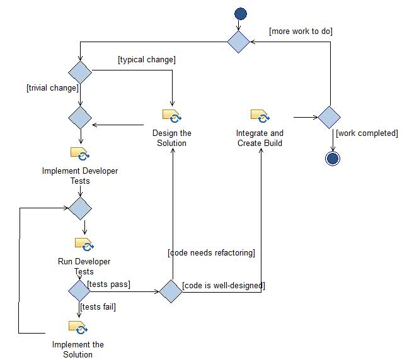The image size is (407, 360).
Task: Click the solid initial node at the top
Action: click(240, 14)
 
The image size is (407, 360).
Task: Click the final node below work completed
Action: click(333, 158)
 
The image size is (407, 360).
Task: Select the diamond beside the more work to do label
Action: click(239, 42)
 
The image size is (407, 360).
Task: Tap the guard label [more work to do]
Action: click(301, 31)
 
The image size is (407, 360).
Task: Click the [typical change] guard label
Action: click(146, 60)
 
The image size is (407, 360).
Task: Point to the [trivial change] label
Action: click(52, 87)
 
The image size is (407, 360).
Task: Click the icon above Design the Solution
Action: click(171, 116)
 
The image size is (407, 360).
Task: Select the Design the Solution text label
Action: click(172, 138)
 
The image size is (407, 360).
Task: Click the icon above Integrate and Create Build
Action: click(260, 116)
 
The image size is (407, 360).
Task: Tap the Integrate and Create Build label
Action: click(260, 138)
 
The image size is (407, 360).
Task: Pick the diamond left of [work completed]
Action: click(329, 117)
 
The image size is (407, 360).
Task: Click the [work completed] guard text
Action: click(367, 133)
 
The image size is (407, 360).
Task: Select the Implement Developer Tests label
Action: click(80, 176)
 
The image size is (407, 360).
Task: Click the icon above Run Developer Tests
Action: click(84, 244)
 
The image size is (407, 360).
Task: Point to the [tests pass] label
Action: click(109, 284)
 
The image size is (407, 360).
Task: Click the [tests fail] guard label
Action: click(98, 307)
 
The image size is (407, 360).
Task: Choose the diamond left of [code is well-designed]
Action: click(170, 291)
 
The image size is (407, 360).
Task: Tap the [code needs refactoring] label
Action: click(211, 252)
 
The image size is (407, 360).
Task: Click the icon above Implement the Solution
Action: click(78, 327)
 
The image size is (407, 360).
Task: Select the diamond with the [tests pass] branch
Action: click(79, 291)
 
